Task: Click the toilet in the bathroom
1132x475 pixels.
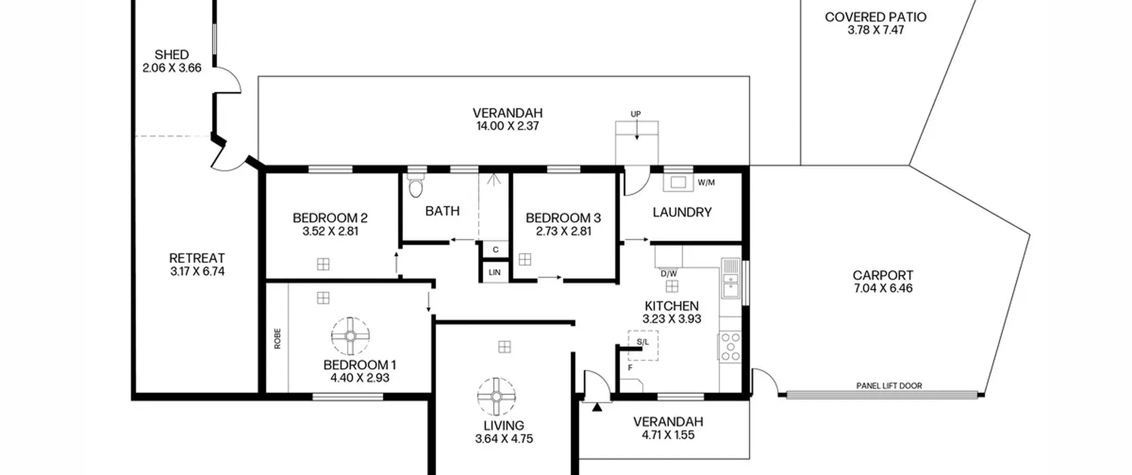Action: point(416,185)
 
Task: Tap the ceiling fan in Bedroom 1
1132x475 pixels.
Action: point(350,336)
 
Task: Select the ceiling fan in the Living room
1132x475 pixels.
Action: point(497,396)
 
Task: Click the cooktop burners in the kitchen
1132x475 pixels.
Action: point(730,347)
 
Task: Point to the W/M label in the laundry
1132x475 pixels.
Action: point(706,182)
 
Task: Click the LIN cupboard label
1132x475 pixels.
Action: point(495,272)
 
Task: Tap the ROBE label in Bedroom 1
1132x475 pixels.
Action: point(277,338)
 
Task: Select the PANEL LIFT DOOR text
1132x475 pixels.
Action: point(889,386)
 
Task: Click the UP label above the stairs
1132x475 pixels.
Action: point(635,114)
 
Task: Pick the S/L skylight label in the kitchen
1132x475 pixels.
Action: point(643,342)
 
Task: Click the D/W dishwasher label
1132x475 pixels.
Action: point(669,274)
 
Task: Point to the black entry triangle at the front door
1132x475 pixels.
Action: point(597,407)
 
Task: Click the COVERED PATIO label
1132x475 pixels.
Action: point(876,17)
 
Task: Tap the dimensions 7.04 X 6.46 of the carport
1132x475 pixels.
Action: point(883,289)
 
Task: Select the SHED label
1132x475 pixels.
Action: point(172,55)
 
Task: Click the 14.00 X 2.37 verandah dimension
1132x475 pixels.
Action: point(508,126)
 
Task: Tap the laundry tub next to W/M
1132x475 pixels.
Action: point(678,182)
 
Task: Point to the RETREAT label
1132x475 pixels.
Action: point(197,258)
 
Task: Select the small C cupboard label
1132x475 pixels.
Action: point(495,250)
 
